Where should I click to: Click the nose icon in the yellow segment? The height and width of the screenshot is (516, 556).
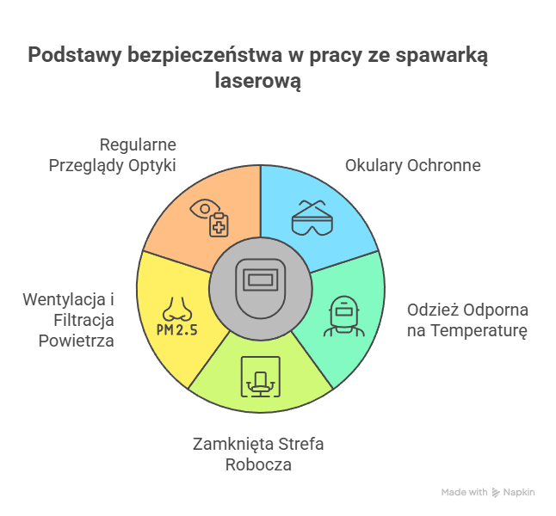(176, 307)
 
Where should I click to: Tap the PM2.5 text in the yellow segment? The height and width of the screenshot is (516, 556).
(176, 329)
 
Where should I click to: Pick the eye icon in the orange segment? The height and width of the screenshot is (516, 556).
(204, 208)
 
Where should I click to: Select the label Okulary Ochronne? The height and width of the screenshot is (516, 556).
(412, 165)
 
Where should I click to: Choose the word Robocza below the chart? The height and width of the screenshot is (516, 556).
(258, 464)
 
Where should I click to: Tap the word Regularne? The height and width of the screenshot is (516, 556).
(138, 144)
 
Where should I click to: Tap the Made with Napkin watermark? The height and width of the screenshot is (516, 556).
(487, 492)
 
